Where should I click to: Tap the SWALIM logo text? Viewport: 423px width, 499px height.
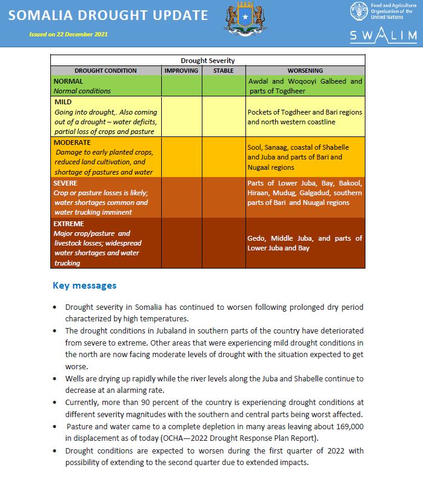pos(383,36)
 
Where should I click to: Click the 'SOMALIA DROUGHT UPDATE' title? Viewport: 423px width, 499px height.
pos(108,16)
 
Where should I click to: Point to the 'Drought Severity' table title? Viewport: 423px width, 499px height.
pos(207,61)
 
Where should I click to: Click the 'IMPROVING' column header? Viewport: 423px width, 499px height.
pos(181,71)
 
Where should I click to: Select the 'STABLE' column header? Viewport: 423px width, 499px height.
pos(223,71)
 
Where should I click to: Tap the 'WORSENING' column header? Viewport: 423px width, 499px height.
pos(305,71)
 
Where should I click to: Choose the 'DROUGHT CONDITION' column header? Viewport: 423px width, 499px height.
pos(105,71)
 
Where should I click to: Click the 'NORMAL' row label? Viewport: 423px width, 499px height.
pos(68,81)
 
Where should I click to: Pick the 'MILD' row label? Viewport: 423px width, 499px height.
pos(63,102)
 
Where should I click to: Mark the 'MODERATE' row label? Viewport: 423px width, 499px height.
pos(72,142)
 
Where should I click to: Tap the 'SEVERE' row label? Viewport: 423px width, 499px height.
pos(65,183)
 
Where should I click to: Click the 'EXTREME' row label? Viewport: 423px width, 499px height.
pos(68,223)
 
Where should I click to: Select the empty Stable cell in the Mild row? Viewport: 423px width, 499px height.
pos(223,116)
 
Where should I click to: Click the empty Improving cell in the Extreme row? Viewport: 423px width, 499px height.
pos(181,243)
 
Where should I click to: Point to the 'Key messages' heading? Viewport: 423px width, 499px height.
pos(84,285)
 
